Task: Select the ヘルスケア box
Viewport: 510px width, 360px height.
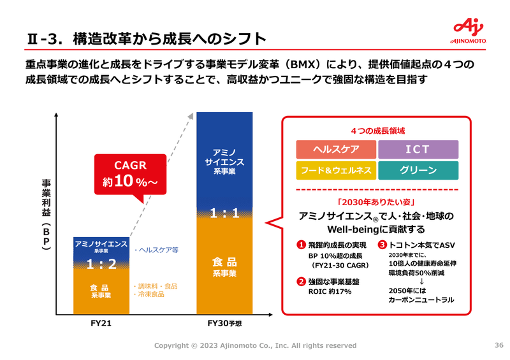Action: (336, 150)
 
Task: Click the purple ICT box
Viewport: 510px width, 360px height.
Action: (418, 150)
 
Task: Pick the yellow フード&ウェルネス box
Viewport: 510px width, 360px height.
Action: (336, 171)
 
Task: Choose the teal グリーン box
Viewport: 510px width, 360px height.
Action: (418, 171)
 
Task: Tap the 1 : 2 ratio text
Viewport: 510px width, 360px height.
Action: (100, 264)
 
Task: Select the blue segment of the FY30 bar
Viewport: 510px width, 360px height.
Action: (224, 159)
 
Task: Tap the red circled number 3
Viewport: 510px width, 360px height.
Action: (382, 245)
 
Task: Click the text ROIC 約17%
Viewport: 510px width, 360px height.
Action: (330, 292)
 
